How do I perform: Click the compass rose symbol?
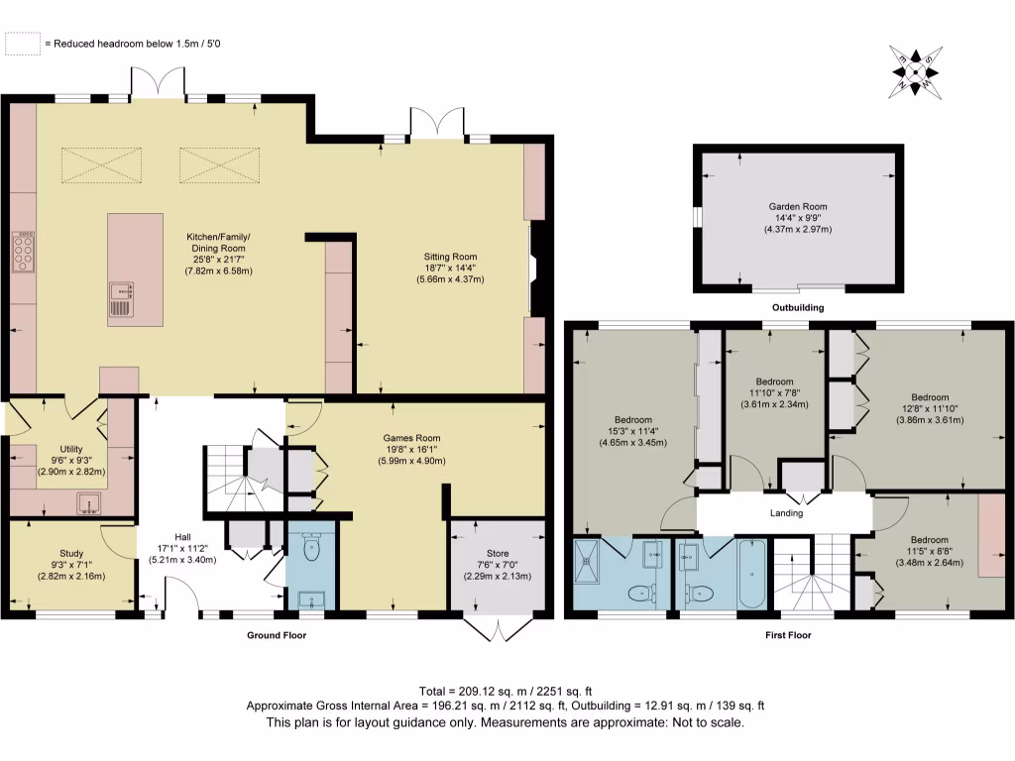[915, 71]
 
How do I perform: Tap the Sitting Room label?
[451, 257]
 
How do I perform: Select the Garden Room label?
[798, 206]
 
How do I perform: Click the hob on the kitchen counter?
[24, 252]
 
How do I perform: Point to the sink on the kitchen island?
[122, 299]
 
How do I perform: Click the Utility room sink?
[88, 503]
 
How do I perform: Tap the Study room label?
[71, 553]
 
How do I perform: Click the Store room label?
[498, 553]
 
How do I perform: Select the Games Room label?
[411, 438]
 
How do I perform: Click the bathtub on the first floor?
[752, 574]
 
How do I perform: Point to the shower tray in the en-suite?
[587, 561]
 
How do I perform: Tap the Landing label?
[786, 513]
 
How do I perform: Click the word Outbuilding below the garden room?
[798, 307]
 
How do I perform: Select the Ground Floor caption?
[277, 635]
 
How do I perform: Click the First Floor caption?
[788, 635]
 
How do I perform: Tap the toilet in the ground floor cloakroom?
[311, 549]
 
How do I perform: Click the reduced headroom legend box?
[23, 44]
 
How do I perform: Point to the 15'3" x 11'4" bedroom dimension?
[633, 432]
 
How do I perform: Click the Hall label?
[182, 537]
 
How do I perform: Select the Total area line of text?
[506, 691]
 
